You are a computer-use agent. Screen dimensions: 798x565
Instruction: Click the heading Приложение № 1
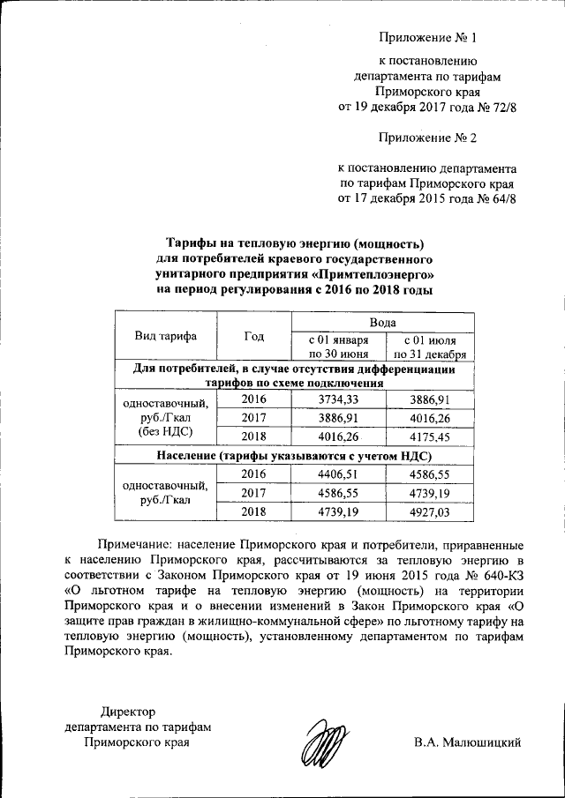427,38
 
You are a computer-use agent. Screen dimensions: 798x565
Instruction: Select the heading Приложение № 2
427,138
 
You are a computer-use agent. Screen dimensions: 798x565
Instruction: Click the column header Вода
382,323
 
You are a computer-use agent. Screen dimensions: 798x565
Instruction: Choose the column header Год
254,336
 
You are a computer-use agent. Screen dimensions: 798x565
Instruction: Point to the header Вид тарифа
165,336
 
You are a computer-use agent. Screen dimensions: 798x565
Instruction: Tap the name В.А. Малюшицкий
467,742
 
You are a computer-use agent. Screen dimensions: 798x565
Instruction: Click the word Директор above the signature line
127,711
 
